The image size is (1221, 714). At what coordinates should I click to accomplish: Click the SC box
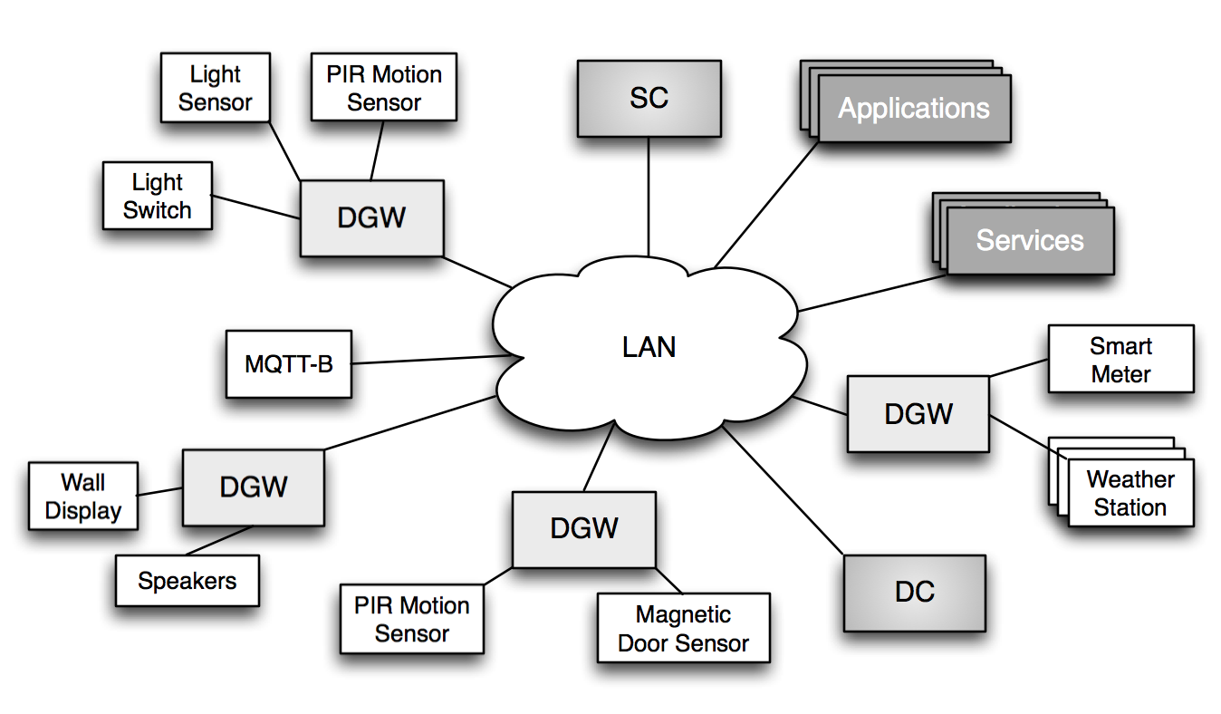649,98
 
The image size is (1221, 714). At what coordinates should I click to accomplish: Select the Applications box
913,109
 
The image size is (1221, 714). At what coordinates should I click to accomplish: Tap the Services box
1029,240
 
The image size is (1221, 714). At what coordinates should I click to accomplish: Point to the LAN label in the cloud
649,347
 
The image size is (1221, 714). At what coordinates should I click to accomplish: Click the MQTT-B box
288,364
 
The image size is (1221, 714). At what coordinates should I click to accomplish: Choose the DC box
914,593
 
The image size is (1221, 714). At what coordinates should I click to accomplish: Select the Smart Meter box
1120,360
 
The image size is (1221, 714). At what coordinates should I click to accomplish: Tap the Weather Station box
1130,493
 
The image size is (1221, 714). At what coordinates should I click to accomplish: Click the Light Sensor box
215,88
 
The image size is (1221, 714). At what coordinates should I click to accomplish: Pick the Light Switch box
157,196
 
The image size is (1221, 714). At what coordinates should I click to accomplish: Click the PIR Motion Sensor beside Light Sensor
383,88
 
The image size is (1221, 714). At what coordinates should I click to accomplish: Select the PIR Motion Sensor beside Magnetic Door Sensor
411,619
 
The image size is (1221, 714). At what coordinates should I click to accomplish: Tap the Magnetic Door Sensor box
683,629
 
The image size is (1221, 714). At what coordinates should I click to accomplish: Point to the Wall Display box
82,496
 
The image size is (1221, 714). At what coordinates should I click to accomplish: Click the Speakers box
187,581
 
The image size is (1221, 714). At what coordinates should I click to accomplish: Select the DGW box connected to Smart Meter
918,414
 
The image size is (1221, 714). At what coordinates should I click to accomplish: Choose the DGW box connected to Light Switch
371,218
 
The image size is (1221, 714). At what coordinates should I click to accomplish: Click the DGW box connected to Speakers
253,487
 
